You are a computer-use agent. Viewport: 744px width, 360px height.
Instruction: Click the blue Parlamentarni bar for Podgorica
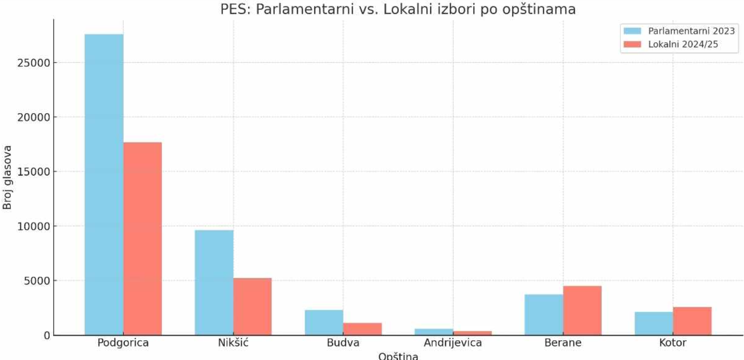[x=104, y=184]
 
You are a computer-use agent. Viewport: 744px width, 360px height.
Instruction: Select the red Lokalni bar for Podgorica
[x=143, y=239]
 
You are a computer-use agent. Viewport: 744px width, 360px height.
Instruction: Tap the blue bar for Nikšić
[x=214, y=283]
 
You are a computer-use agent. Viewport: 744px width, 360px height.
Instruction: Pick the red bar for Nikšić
[x=253, y=306]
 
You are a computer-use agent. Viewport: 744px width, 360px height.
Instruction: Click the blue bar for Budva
[x=324, y=323]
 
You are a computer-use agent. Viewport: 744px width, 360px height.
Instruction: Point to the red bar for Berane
[x=582, y=310]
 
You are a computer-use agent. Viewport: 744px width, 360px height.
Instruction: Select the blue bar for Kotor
[x=654, y=324]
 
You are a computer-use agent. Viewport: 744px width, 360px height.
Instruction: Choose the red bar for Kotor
[x=692, y=321]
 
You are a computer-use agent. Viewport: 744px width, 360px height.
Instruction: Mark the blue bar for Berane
[x=544, y=315]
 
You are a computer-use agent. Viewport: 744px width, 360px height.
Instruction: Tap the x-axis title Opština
[x=398, y=356]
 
